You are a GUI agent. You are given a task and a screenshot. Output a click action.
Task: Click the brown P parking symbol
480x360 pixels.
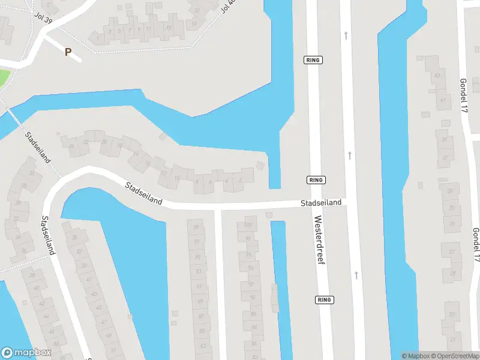pos(68,52)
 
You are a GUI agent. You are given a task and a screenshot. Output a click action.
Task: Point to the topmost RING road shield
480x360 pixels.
pos(313,59)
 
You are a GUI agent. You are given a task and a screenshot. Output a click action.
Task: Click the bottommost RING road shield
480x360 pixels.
pos(324,299)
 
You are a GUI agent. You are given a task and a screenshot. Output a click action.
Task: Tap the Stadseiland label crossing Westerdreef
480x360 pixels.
pos(321,203)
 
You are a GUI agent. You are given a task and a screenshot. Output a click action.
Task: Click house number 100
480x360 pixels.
pos(247,225)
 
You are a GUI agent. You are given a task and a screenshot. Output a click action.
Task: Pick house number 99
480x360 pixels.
pos(196,227)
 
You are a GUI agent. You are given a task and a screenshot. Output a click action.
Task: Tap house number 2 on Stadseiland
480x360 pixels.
pos(241,178)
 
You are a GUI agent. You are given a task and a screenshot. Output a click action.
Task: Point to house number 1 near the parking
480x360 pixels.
pos(97,38)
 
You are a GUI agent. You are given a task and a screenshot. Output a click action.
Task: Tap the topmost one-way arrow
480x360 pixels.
pos(346,35)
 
